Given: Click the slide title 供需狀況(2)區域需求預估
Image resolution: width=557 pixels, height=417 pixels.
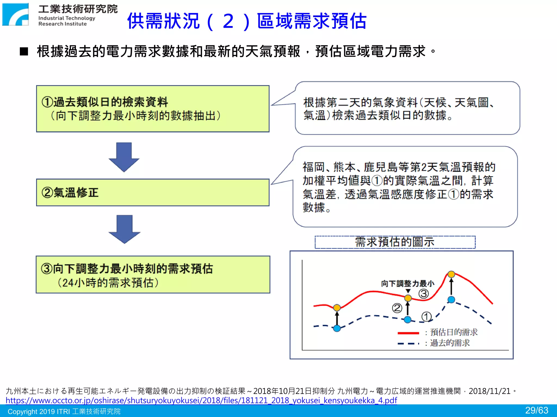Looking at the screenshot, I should pos(247,21).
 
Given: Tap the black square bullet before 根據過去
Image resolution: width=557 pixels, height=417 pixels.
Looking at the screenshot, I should pos(24,51).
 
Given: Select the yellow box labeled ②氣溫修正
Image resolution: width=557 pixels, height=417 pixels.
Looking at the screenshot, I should pos(153,192).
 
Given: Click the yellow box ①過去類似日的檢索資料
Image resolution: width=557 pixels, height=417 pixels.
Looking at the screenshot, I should pos(153,109).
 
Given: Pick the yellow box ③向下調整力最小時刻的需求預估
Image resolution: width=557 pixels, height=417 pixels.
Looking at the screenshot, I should pos(153,274).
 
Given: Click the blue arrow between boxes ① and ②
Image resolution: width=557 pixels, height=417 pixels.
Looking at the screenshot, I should pos(124,157).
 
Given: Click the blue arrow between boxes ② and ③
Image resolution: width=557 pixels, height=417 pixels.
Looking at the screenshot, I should pos(124,229).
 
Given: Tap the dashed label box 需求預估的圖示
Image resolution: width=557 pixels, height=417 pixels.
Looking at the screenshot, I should pos(395,242).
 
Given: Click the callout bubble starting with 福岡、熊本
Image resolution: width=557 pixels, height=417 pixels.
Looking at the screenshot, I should pos(405,187).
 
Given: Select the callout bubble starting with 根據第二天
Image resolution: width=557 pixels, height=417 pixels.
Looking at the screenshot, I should pos(407,108).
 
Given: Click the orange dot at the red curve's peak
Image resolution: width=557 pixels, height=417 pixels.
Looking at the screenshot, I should pos(451,274).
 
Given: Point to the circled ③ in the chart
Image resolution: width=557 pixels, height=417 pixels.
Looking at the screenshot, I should pos(423,294).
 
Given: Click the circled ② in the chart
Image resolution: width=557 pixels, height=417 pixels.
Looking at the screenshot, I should pos(397,308).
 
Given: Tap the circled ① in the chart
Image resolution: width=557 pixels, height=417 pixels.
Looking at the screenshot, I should pos(426,317).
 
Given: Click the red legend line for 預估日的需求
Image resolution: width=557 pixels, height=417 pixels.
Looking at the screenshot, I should pos(408,333).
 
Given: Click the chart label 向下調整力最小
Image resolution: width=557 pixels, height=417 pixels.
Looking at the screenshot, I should pos(407,284).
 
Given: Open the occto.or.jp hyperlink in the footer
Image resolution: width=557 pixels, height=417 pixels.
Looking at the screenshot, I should pos(201,400).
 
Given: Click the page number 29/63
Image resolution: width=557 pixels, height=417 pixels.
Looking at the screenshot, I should pos(537,410).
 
